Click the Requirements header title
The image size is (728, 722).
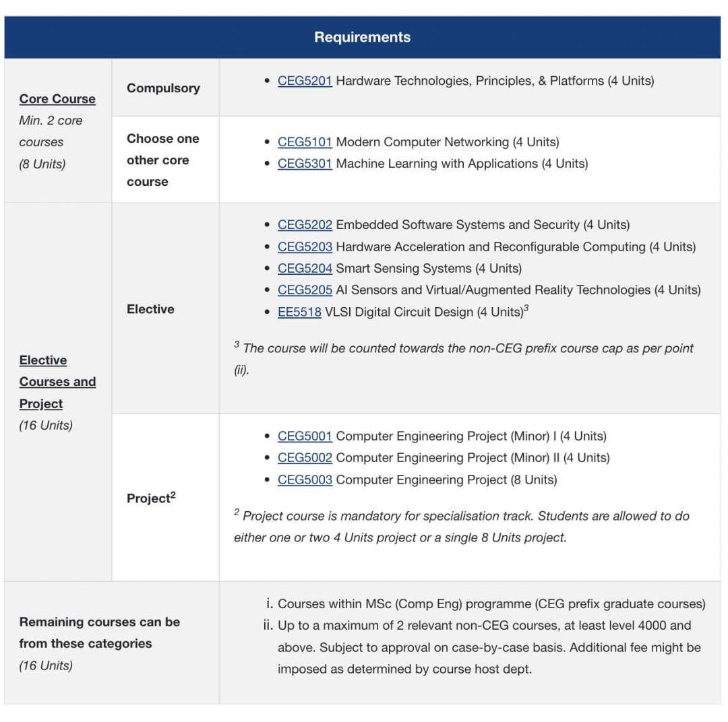pyautogui.click(x=362, y=37)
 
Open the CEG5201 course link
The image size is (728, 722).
pyautogui.click(x=305, y=81)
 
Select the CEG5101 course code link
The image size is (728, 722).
pyautogui.click(x=305, y=142)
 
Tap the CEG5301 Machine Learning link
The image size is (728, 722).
pyautogui.click(x=305, y=164)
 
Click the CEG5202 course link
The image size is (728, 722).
pyautogui.click(x=305, y=225)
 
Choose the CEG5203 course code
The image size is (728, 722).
pyautogui.click(x=305, y=247)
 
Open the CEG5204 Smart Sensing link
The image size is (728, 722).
pyautogui.click(x=305, y=268)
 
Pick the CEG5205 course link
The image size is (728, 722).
pyautogui.click(x=305, y=290)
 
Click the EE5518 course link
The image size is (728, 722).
pyautogui.click(x=299, y=312)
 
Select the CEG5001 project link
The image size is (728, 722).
pyautogui.click(x=305, y=436)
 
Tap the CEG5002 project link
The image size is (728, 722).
pyautogui.click(x=305, y=458)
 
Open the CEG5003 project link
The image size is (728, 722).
pyautogui.click(x=305, y=480)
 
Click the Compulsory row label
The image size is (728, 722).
pyautogui.click(x=163, y=88)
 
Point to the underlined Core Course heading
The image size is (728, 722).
pyautogui.click(x=57, y=99)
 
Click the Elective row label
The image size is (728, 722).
pyautogui.click(x=150, y=309)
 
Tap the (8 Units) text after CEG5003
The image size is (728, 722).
pyautogui.click(x=534, y=480)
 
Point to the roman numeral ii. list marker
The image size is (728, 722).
pyautogui.click(x=268, y=626)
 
